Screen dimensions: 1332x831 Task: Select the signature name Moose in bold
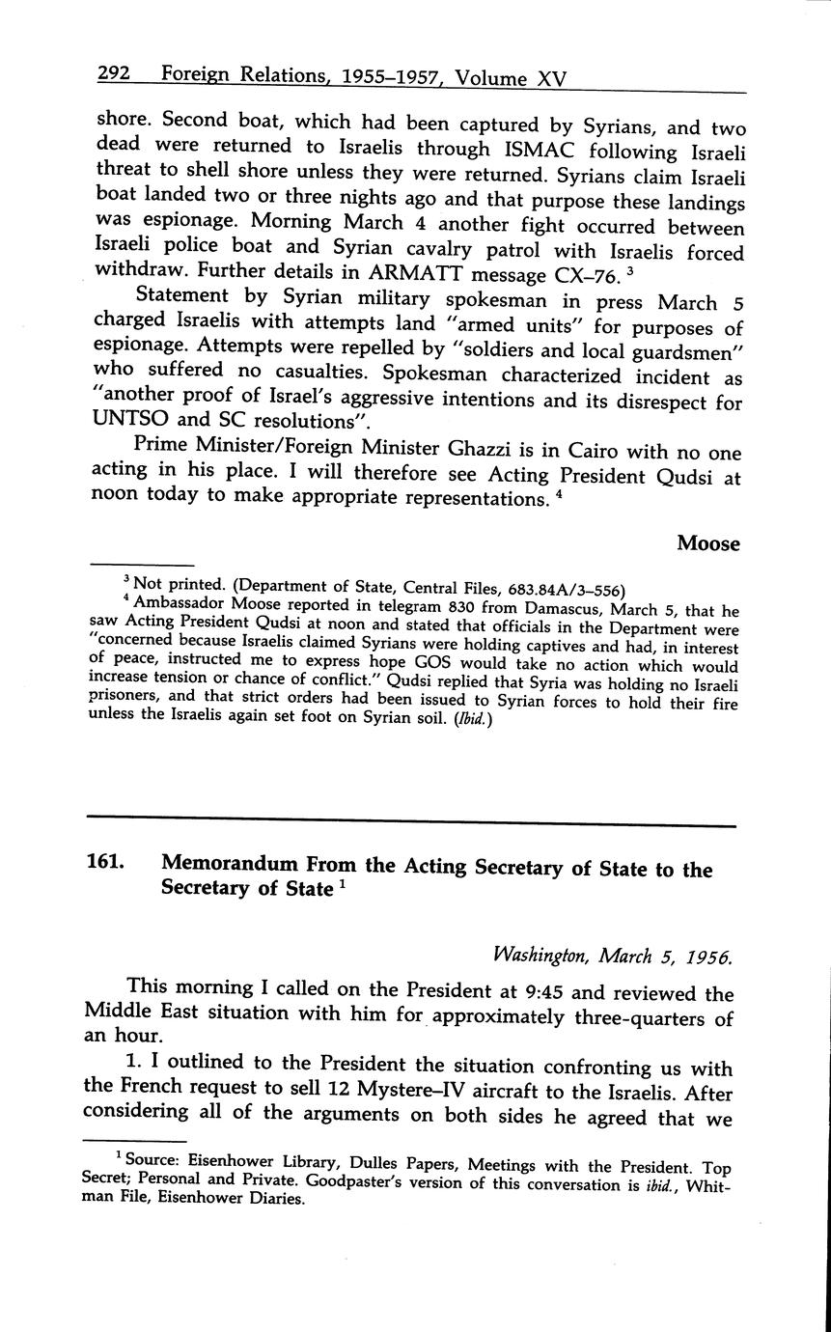coord(707,543)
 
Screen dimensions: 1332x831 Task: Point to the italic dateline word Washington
coord(540,956)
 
